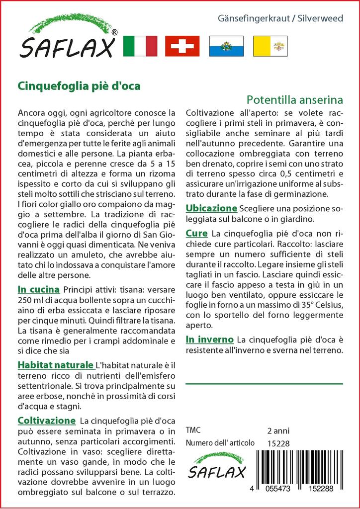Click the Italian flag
[140, 46]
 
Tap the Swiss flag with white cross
[182, 46]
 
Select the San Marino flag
[225, 46]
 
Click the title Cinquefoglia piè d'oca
[80, 85]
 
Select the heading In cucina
[39, 289]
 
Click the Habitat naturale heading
[56, 364]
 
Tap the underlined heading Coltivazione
[47, 420]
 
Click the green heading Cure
[196, 233]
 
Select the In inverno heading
[209, 339]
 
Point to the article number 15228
[277, 443]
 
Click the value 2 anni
[278, 430]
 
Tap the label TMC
[193, 430]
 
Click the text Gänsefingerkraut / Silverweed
[280, 18]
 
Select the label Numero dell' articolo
[220, 443]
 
